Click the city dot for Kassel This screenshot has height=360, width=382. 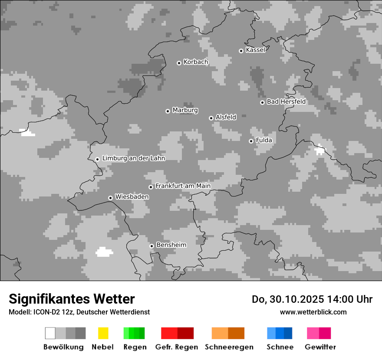tap(241, 51)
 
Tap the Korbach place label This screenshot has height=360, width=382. tap(196, 62)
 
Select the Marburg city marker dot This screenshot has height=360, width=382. tap(168, 111)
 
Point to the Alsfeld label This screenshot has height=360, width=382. tap(226, 117)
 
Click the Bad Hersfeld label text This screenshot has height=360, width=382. tap(286, 101)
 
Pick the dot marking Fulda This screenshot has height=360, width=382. tap(251, 141)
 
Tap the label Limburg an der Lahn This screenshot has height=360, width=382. tap(133, 158)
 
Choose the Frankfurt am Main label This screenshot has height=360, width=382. tap(183, 186)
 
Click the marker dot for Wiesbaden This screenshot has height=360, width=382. tap(110, 198)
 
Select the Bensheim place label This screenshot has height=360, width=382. tap(171, 245)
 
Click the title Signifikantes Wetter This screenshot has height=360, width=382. tap(72, 299)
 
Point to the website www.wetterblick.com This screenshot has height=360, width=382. tap(313, 312)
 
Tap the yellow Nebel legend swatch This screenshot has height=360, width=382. tap(103, 333)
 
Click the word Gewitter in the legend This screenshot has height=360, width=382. tap(320, 347)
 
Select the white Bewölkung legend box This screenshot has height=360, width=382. tap(50, 333)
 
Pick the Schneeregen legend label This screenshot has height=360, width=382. tap(229, 347)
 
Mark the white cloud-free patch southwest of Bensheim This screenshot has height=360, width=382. tap(104, 252)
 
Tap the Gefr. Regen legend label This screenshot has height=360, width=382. tap(176, 347)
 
